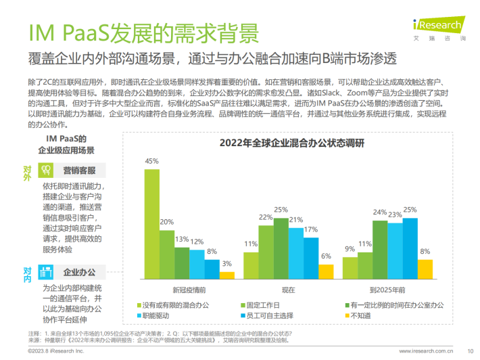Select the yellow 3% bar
click(x=226, y=275)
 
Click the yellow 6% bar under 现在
click(x=326, y=271)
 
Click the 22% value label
click(x=266, y=217)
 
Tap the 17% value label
click(x=311, y=230)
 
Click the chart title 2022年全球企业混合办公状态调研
click(x=283, y=143)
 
